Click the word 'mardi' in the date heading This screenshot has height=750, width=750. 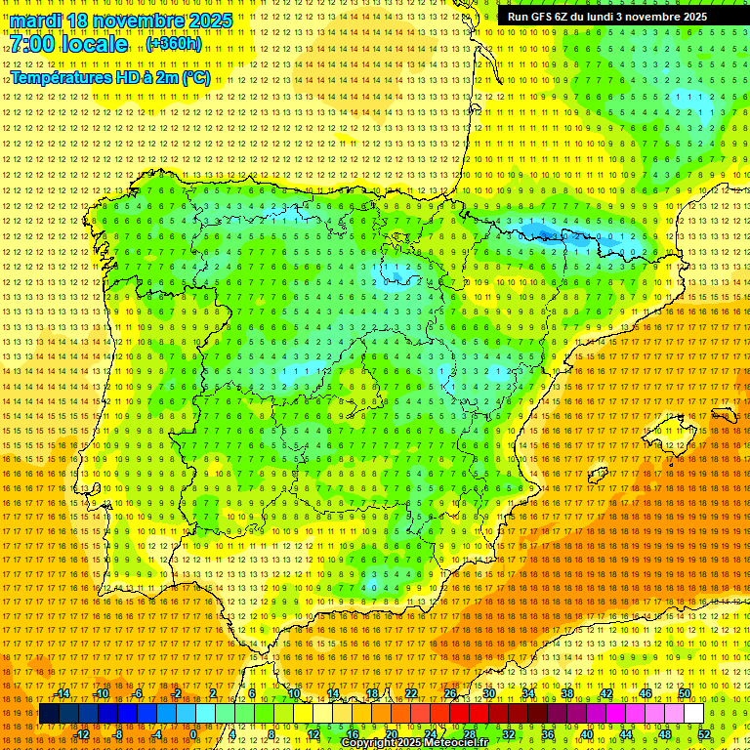coord(35,21)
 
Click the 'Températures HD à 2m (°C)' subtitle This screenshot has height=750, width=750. coord(109,77)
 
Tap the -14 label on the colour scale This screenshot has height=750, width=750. coord(62,693)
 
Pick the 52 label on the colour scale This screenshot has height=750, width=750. coord(704,733)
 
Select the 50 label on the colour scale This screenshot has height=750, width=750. coord(685,693)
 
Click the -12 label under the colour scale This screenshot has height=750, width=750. coord(82,733)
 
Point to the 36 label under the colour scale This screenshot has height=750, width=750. coord(548,733)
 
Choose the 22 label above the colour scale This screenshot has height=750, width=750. coord(411,693)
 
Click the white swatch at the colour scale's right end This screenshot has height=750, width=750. coord(694,714)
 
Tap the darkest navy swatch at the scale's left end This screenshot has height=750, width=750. coord(49,714)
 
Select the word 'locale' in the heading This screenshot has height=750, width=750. coord(98,45)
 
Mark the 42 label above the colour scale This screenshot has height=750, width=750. coord(606,693)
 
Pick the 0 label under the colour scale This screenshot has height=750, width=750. coord(193,733)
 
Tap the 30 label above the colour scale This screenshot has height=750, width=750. coord(489,693)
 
